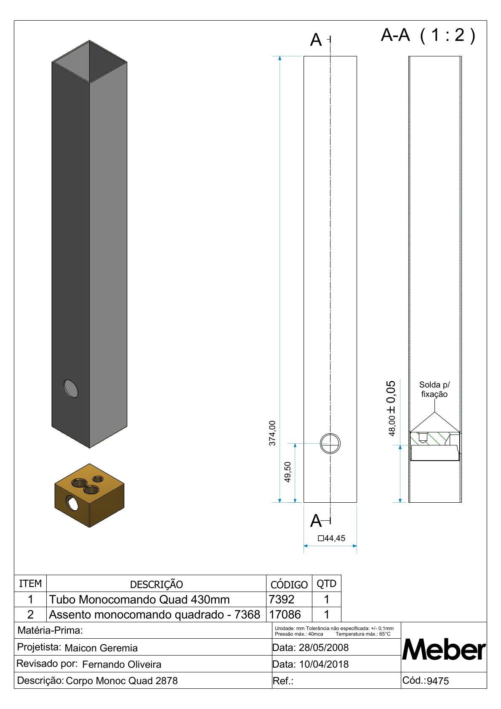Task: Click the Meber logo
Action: tap(444, 650)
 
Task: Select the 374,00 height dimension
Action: tap(272, 433)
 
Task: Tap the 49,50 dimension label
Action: tap(288, 472)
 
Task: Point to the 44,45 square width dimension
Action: tap(332, 538)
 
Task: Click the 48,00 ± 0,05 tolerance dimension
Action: tap(392, 408)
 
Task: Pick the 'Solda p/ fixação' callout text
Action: tap(434, 389)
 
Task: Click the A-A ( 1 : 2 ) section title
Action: tap(428, 35)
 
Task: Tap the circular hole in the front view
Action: tap(330, 443)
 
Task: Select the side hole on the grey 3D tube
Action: tap(71, 389)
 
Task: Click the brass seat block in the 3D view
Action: tap(89, 495)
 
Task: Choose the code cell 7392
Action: tap(282, 599)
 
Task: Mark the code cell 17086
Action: tap(285, 614)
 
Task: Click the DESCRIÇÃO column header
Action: tap(156, 584)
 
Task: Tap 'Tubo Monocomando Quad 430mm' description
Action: tap(139, 599)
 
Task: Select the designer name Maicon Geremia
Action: tap(101, 648)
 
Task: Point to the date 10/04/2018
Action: tap(324, 664)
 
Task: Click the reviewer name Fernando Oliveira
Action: tap(122, 664)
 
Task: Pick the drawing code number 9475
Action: tap(438, 681)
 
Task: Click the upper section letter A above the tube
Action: tap(316, 40)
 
